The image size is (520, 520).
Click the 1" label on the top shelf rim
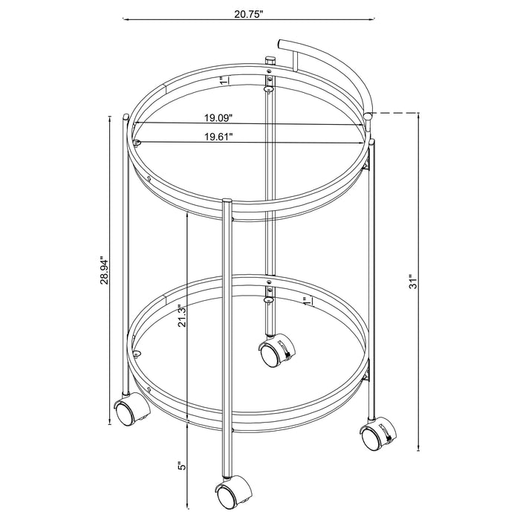(x=221, y=80)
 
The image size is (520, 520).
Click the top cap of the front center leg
(x=227, y=201)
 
